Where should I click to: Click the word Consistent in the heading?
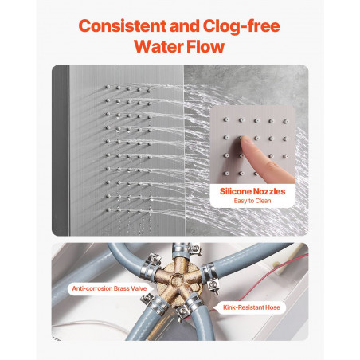[x=123, y=26]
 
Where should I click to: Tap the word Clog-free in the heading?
[x=241, y=26]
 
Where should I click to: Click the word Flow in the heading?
[x=205, y=46]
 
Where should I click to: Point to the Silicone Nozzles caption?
[x=252, y=191]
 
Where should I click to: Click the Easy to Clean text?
[x=252, y=201]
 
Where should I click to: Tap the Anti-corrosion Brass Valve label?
[x=109, y=288]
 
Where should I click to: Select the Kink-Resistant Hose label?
[x=252, y=307]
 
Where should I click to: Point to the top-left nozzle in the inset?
[x=225, y=119]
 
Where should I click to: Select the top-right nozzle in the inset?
[x=285, y=122]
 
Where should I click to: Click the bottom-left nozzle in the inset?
[x=226, y=174]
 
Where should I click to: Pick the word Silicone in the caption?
[x=236, y=191]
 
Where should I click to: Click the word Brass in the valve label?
[x=122, y=288]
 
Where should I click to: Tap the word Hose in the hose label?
[x=272, y=307]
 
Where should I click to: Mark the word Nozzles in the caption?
[x=269, y=191]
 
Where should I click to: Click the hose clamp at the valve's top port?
[x=182, y=249]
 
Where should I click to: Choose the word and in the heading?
[x=185, y=26]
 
